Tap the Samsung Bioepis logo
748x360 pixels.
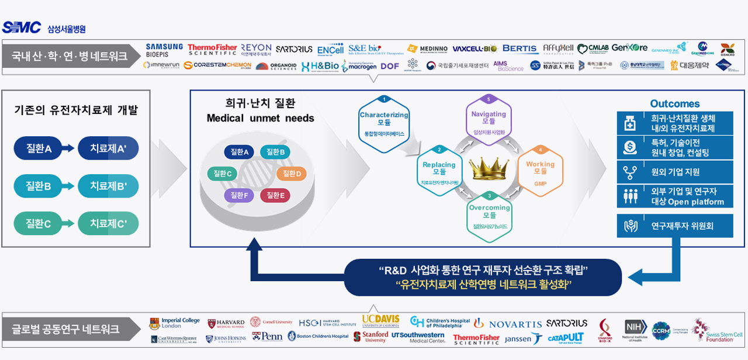click(164, 50)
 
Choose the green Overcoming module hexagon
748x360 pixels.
click(489, 216)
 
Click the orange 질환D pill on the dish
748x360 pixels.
click(291, 173)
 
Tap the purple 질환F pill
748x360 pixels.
click(238, 195)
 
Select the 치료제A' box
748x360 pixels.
click(108, 149)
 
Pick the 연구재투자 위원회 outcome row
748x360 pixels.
click(675, 226)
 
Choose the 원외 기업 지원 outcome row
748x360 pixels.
click(675, 172)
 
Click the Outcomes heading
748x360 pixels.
click(675, 103)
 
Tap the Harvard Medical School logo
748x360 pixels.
click(226, 323)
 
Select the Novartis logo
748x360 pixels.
click(508, 324)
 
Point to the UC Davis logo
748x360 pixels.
click(380, 321)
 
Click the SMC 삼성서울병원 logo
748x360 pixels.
click(44, 27)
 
